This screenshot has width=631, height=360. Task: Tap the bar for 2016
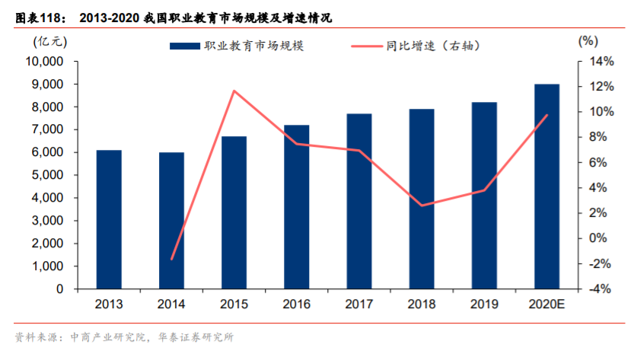point(296,207)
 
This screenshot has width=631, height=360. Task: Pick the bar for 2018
point(421,199)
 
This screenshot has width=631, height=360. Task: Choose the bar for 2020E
point(547,186)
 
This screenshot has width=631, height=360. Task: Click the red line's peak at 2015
point(234,91)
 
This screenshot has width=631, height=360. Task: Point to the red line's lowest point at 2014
point(171,260)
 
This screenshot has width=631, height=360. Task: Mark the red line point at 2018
point(421,205)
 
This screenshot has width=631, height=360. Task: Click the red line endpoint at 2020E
point(547,115)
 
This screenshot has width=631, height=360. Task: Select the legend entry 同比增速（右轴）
point(426,46)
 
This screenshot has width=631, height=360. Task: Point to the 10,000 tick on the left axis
point(46,62)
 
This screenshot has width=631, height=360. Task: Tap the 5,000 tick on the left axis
point(50,175)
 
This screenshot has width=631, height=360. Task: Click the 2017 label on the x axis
point(359,304)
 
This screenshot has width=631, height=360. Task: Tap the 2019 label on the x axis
point(483,304)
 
